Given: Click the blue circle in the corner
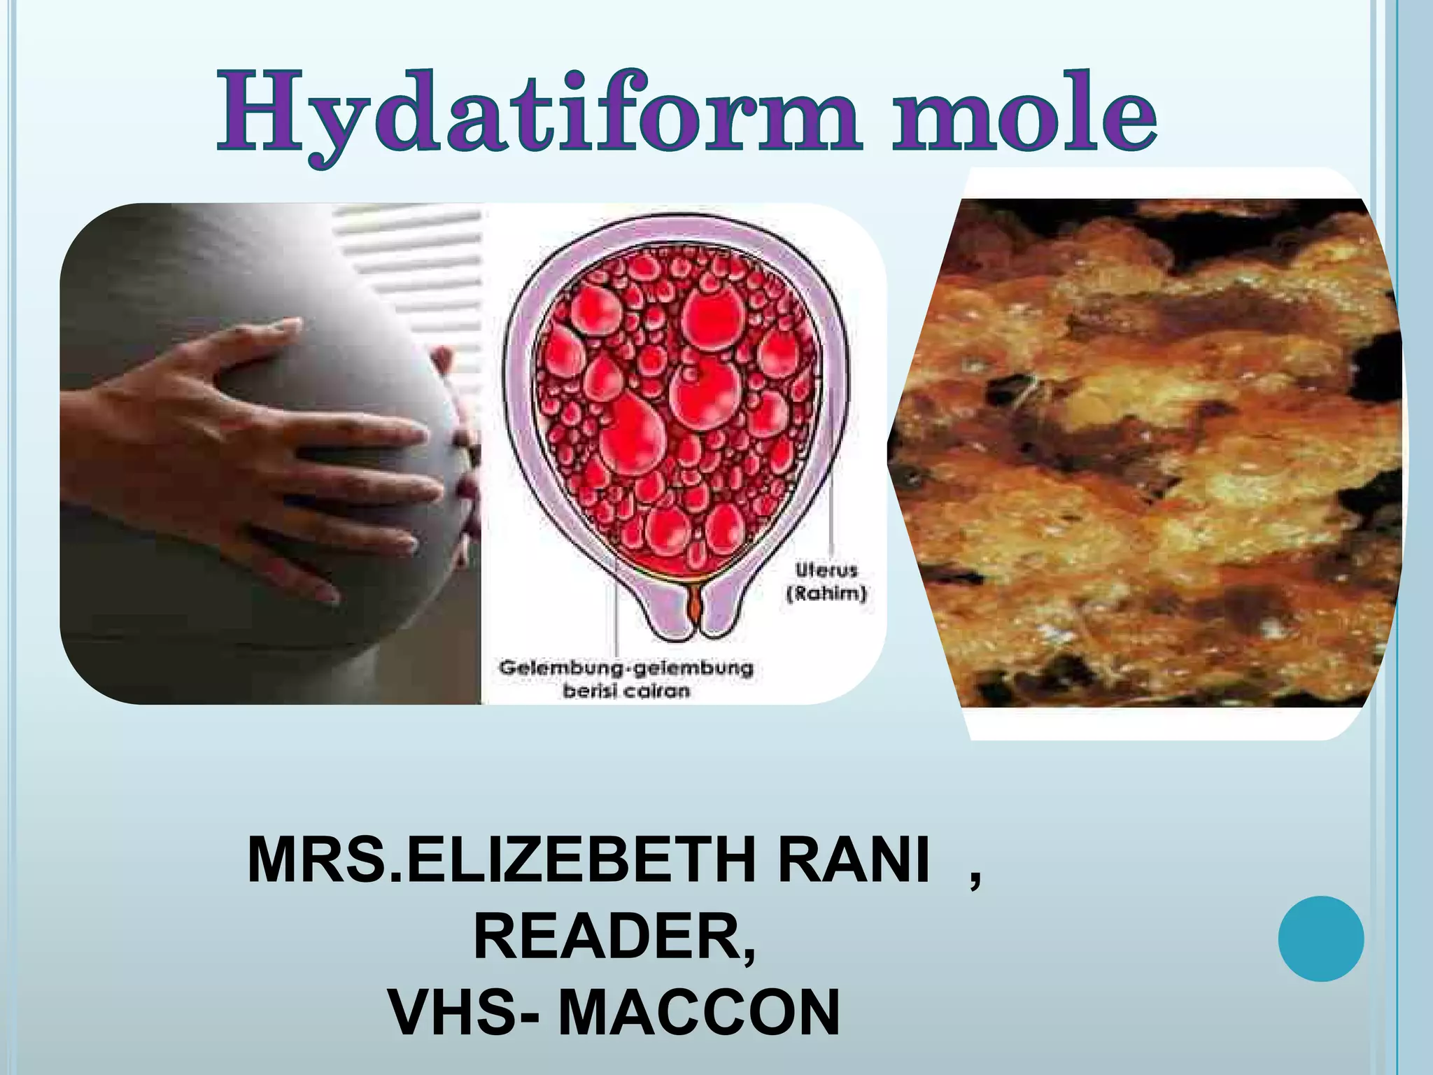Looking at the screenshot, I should coord(1320,938).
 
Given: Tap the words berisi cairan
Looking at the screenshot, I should coord(626,691).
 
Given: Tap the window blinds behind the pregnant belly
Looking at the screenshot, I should coord(406,266).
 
